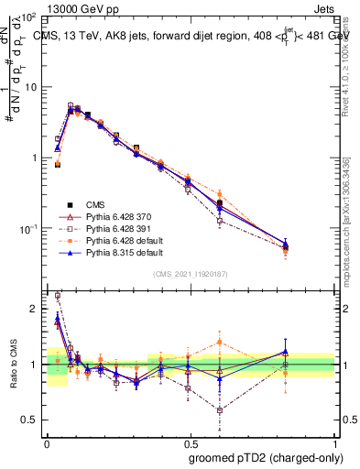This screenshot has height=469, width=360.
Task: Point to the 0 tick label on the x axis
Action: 47,442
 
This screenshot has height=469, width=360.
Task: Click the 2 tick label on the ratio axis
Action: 36,310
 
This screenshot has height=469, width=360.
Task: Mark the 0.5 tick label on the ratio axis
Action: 31,420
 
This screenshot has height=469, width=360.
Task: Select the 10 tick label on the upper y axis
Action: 32,87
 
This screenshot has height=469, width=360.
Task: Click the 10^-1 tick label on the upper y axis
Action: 30,228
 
